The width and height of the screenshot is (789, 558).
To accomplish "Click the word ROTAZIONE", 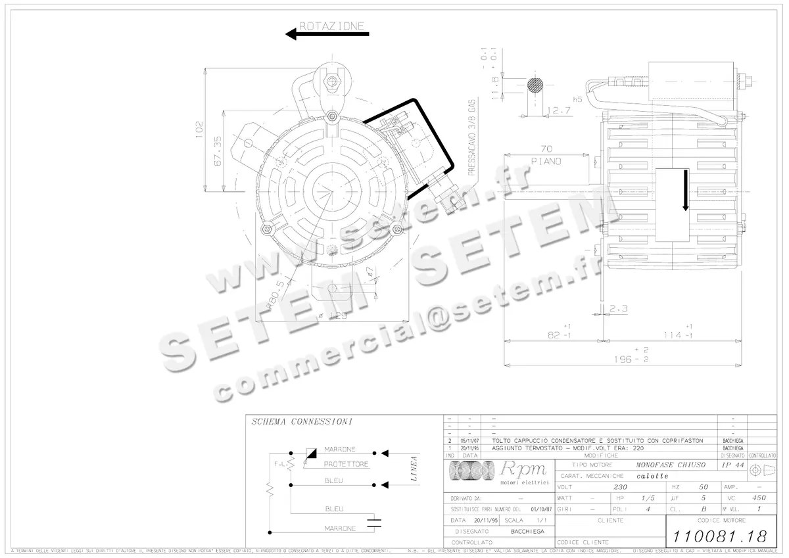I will tap(331, 26).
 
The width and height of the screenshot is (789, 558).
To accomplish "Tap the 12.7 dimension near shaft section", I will tap(559, 110).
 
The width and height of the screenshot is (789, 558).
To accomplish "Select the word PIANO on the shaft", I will tap(546, 162).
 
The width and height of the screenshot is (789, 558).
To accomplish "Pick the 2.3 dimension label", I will tap(619, 308).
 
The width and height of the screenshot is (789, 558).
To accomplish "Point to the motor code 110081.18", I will tap(721, 535).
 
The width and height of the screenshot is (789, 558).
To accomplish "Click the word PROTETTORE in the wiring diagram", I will tap(346, 464).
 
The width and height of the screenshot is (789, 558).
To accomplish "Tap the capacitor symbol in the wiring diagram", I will tap(375, 523).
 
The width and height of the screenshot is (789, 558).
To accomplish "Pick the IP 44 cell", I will tap(730, 465).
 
